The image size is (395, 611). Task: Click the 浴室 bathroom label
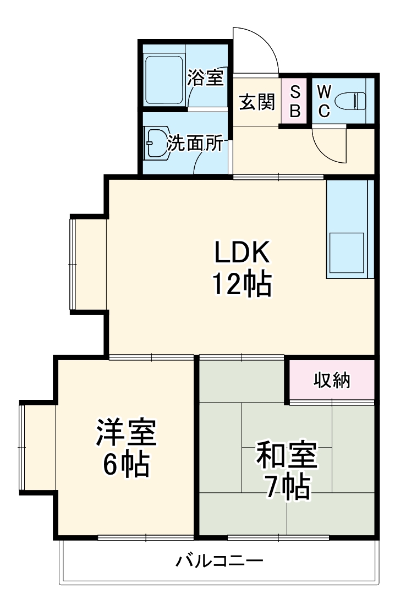click(205, 78)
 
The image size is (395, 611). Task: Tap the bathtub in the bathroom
click(163, 79)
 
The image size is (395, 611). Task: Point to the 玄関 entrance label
click(256, 102)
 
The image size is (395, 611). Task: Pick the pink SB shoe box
click(295, 101)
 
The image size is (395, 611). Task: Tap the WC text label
click(324, 101)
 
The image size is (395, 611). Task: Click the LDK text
click(242, 254)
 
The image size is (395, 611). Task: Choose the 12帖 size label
click(242, 284)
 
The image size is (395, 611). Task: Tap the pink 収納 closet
click(332, 380)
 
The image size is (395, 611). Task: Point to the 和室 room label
click(286, 455)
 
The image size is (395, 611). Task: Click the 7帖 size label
click(286, 487)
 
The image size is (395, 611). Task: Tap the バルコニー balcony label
click(219, 562)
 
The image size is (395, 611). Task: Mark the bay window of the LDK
click(88, 265)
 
